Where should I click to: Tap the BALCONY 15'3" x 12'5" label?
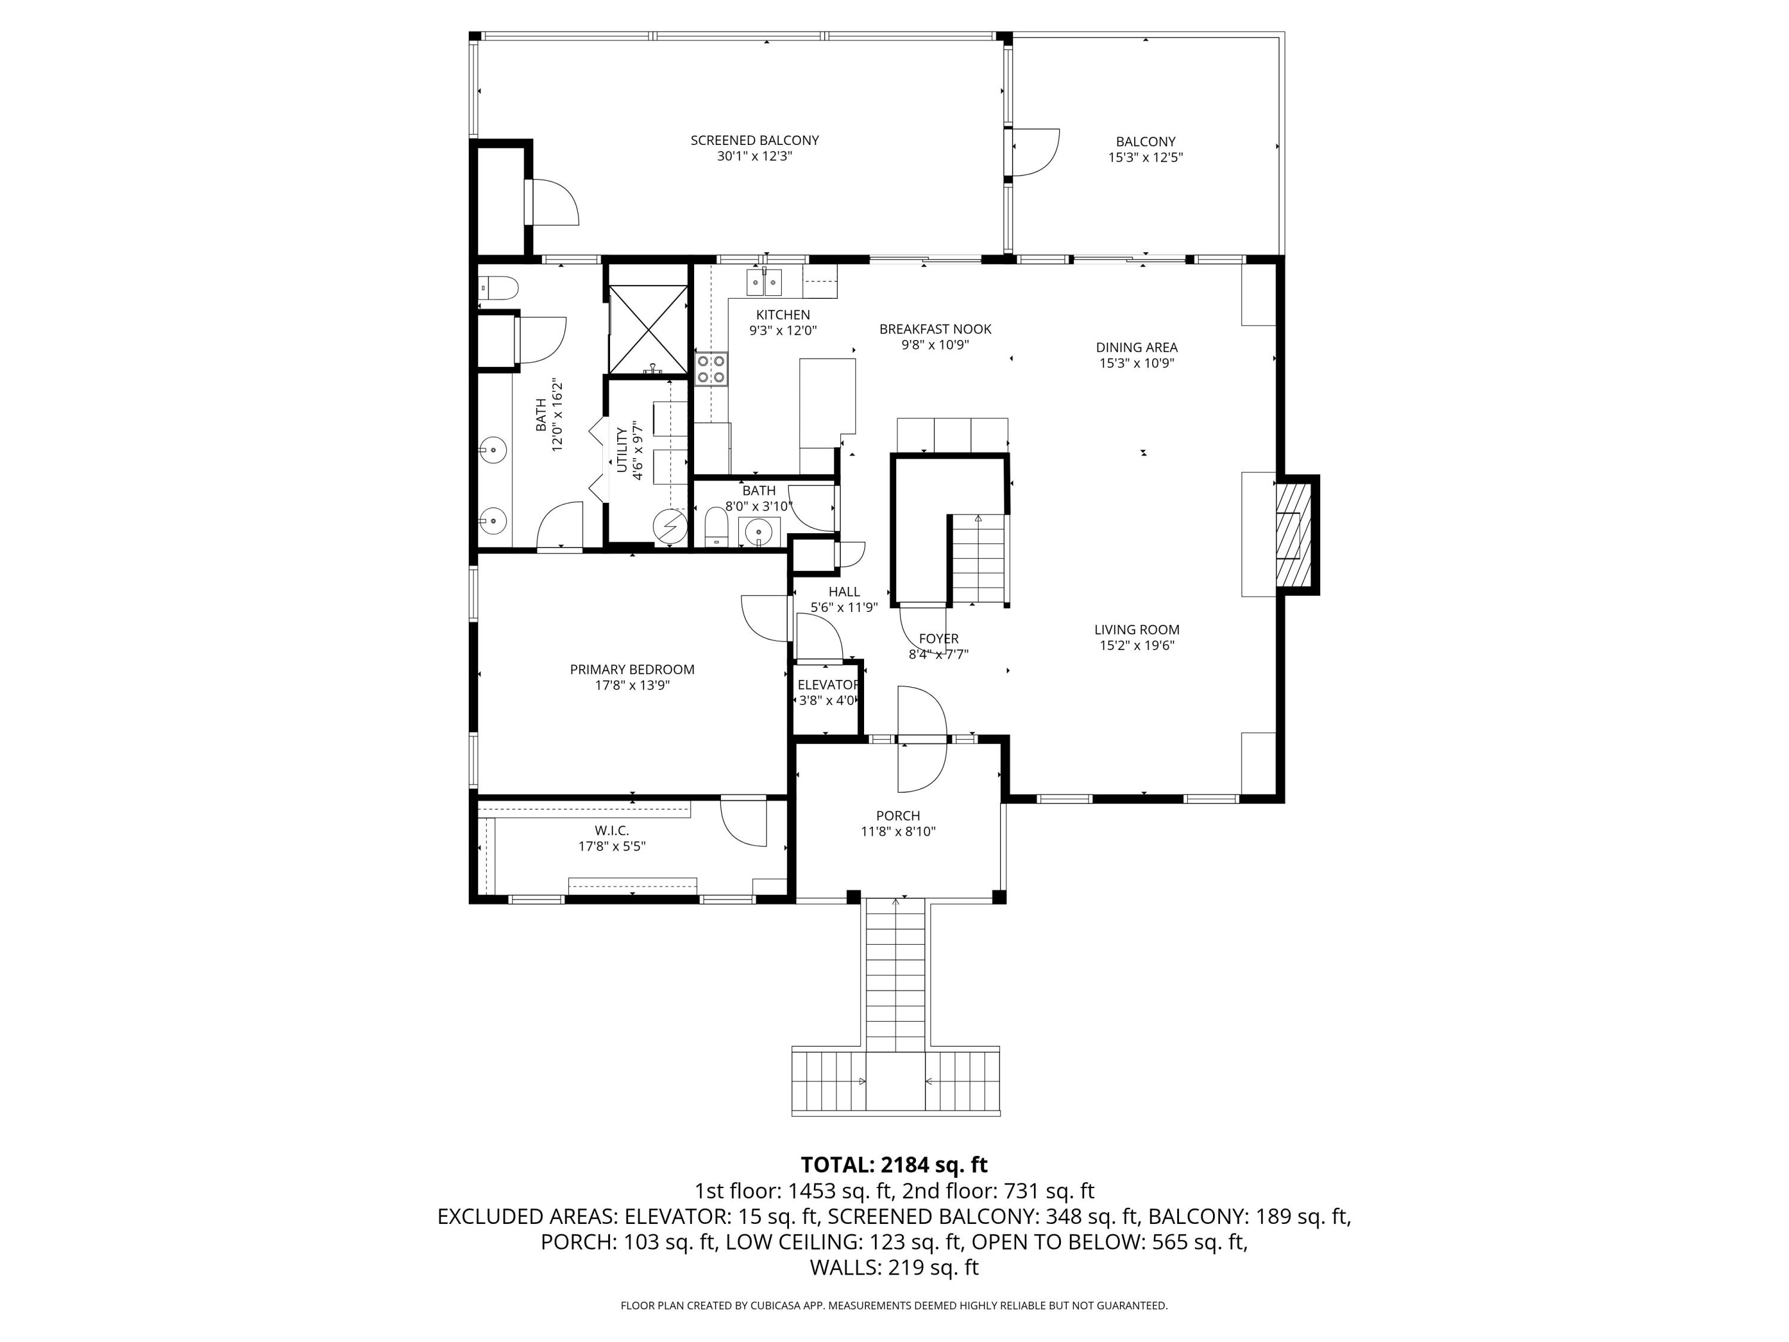(1145, 150)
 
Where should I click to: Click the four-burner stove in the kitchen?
(711, 369)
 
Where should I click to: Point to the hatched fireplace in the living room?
(1292, 534)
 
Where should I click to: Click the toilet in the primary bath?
(498, 287)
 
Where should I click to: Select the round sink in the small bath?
(759, 531)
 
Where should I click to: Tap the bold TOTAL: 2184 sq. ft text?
(894, 1165)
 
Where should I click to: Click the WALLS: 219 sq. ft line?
(894, 1267)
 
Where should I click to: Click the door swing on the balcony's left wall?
(1036, 152)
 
